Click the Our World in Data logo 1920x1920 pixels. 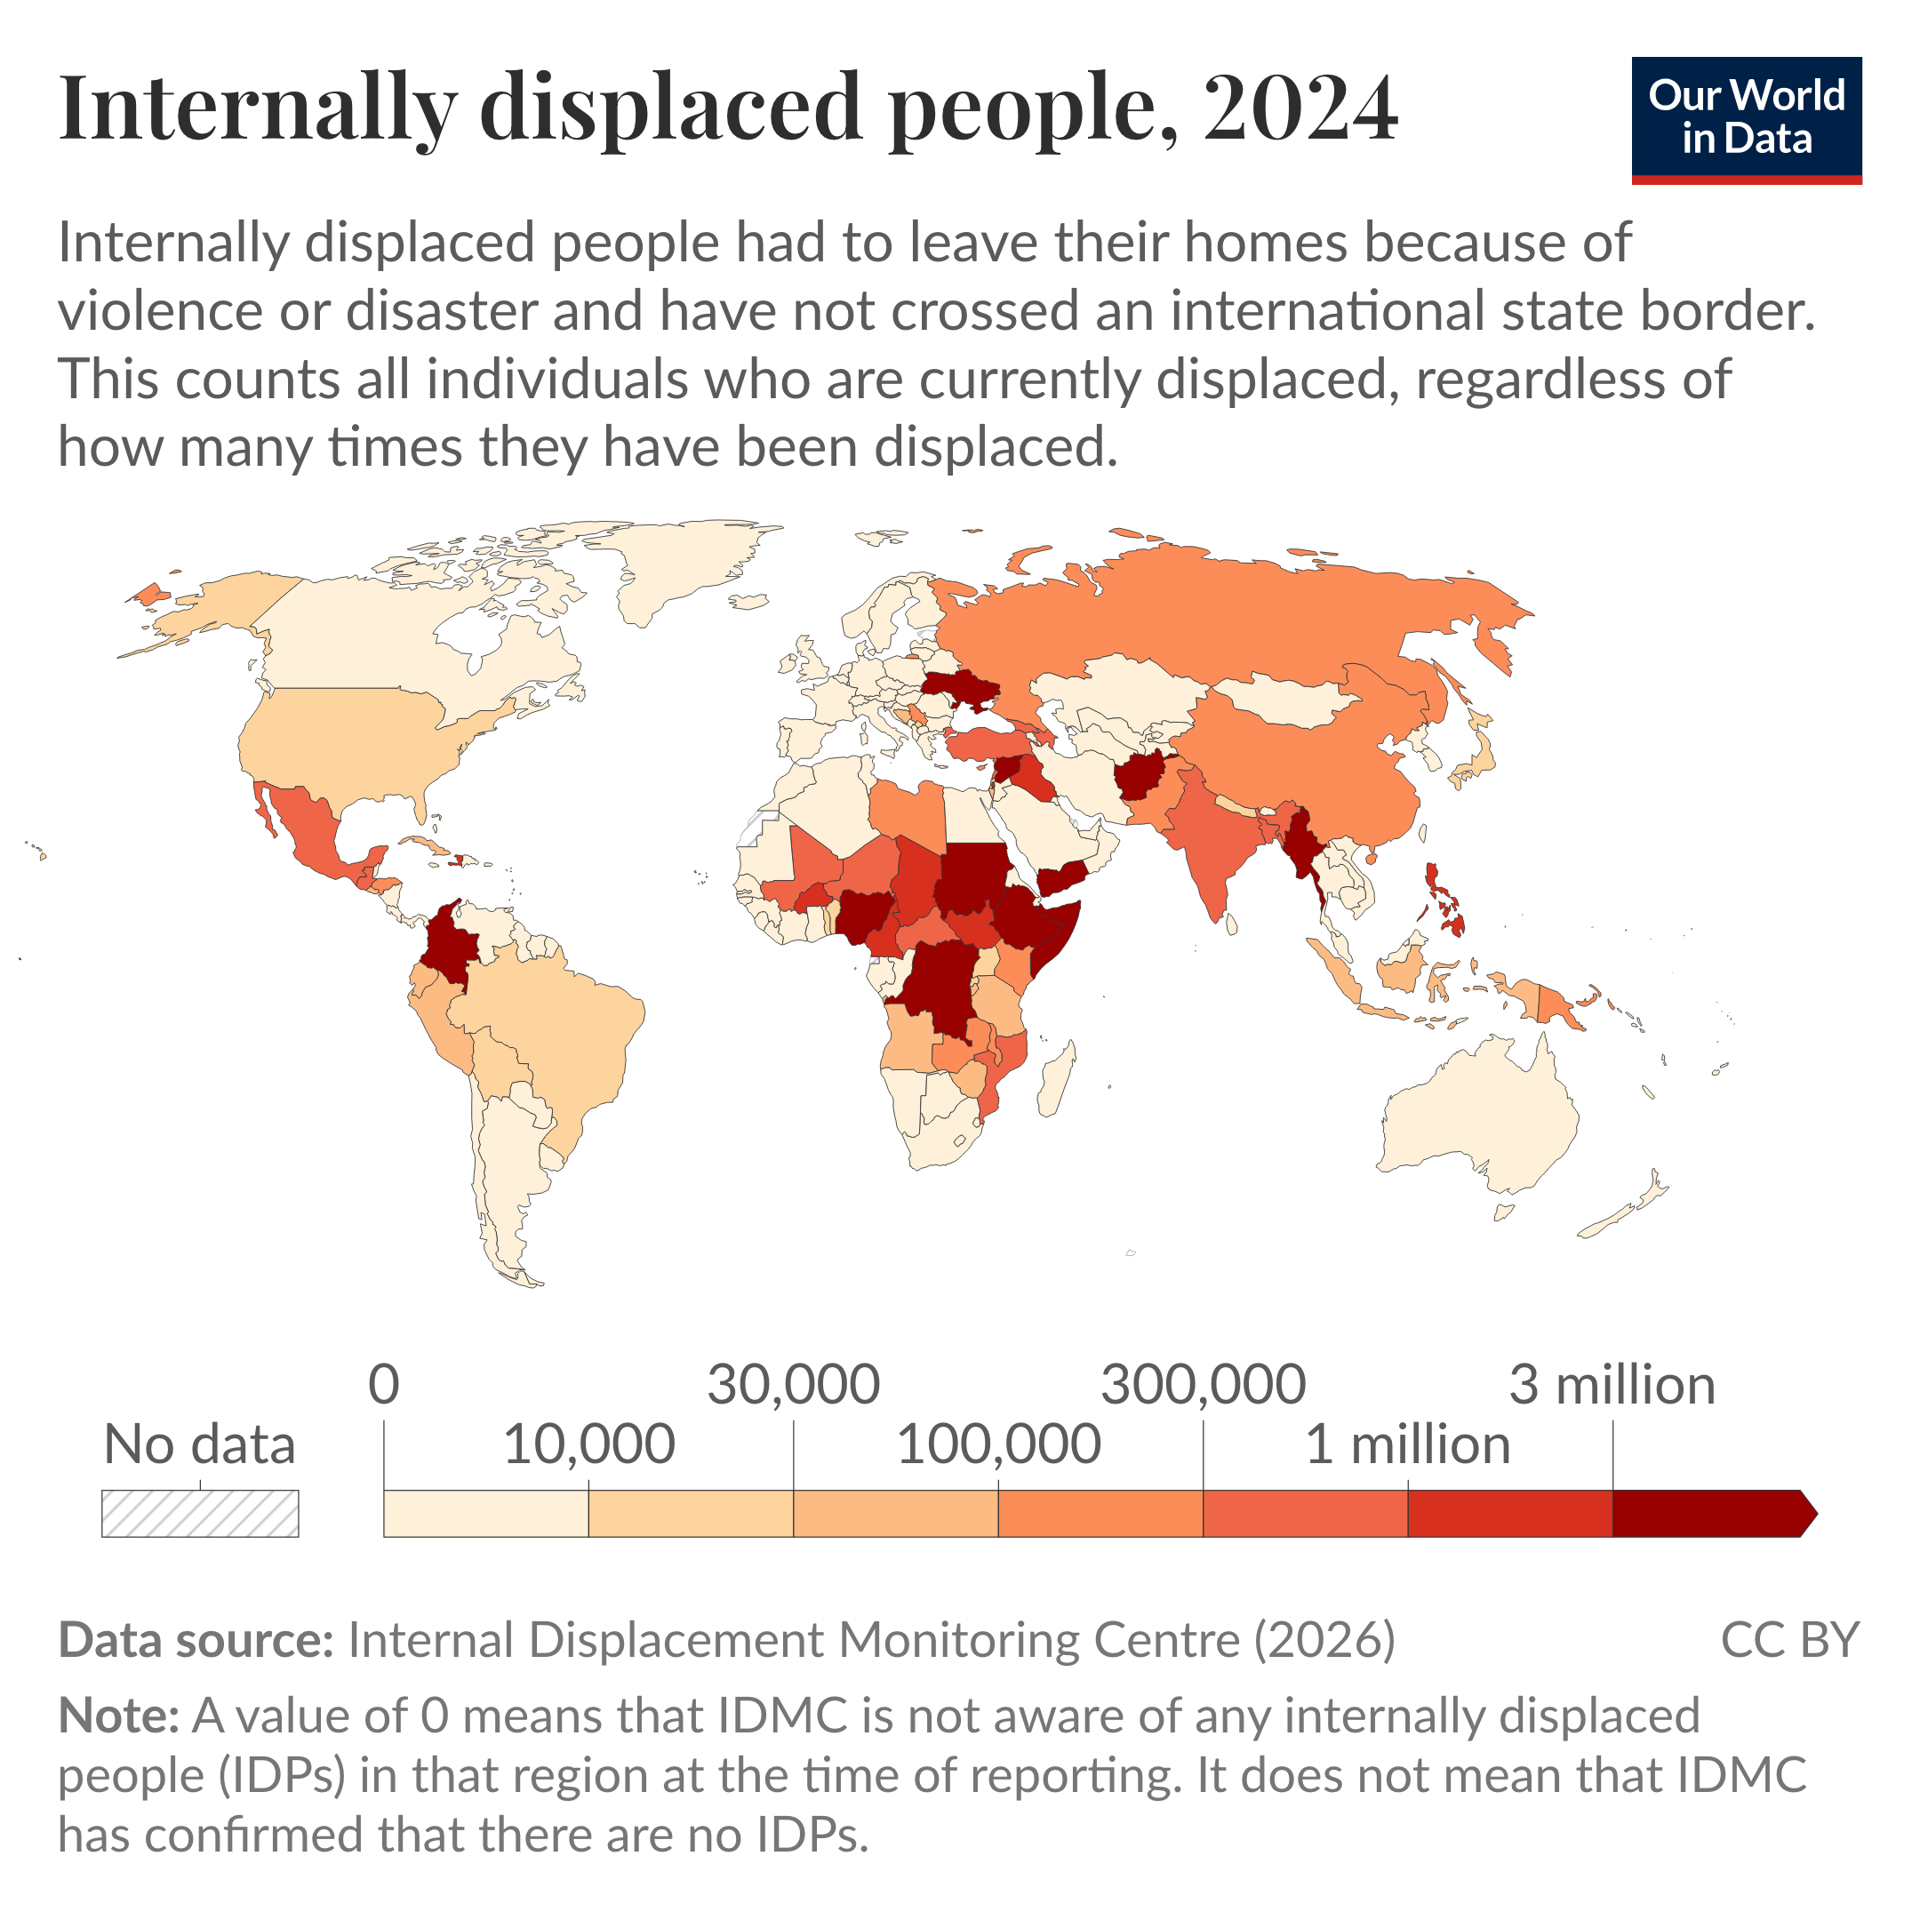pos(1745,119)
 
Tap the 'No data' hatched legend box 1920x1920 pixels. pos(200,1514)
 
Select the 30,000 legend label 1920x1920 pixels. pos(793,1384)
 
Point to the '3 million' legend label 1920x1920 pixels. pos(1612,1384)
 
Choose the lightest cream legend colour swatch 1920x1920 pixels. pos(486,1514)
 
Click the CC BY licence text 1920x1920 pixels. pos(1788,1641)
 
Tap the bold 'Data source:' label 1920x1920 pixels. pos(196,1641)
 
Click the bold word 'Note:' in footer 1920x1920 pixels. pos(118,1716)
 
